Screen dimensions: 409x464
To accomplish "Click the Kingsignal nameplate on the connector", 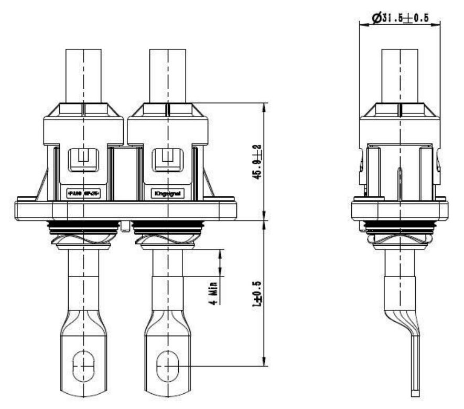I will coord(167,194).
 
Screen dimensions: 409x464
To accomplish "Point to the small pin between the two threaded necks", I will coord(125,226).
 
